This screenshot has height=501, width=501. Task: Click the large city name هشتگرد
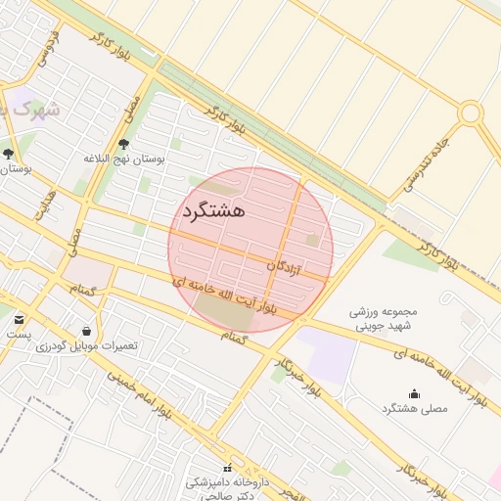point(212,209)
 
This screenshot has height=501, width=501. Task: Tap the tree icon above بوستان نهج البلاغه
point(122,144)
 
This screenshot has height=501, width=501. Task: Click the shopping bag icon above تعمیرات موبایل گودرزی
point(87,331)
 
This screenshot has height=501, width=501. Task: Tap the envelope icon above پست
point(20,319)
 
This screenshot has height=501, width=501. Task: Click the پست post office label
point(19,334)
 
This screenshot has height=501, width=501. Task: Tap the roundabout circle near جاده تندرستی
point(471,114)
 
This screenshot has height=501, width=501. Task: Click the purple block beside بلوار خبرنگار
point(325,354)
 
